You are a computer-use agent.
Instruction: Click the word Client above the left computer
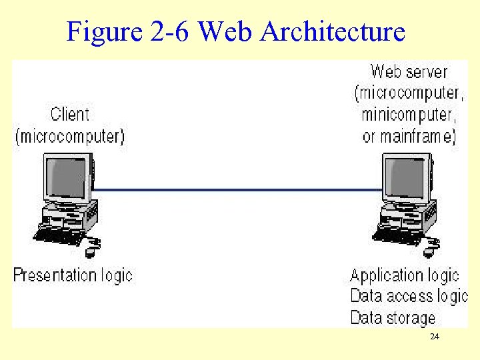click(69, 115)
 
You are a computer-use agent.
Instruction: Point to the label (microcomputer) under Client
click(69, 137)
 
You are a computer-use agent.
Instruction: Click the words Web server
click(409, 71)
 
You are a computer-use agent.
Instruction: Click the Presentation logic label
click(73, 275)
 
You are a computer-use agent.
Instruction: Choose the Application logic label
click(405, 275)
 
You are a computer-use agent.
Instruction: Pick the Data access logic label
click(409, 296)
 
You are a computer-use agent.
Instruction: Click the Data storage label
click(393, 317)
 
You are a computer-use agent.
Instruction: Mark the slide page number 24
click(435, 337)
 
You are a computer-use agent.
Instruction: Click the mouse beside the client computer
click(92, 251)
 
